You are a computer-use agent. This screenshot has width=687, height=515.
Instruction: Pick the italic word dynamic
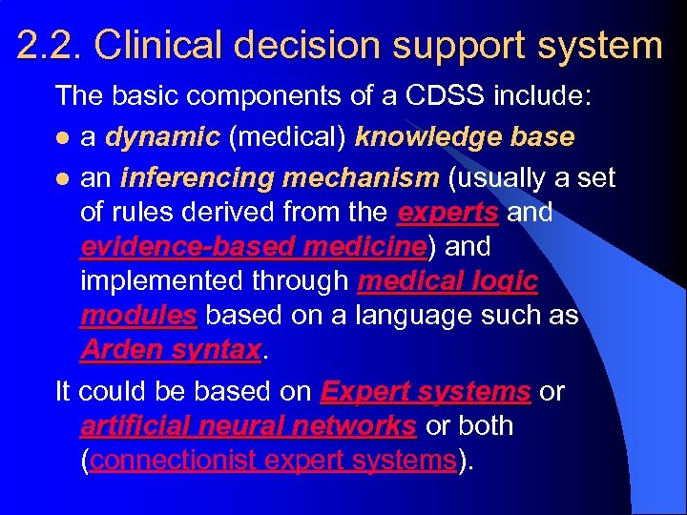coord(162,137)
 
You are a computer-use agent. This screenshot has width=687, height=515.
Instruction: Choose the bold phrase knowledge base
coord(464,137)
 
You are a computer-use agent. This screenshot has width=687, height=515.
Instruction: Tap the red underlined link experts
coord(448,212)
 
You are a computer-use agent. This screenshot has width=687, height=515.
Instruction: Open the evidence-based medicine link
coord(253,246)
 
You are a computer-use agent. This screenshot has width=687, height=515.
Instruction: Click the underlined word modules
coord(139,315)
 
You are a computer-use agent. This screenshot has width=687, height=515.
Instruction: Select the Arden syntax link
coord(170,349)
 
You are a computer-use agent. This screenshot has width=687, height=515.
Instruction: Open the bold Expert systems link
coord(426,391)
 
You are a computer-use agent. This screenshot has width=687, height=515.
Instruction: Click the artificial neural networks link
coord(248,425)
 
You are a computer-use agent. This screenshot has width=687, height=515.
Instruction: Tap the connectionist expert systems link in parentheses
coord(272,460)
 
